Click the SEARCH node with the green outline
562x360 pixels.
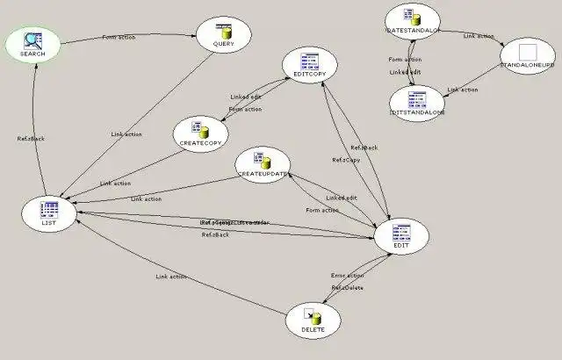[x=32, y=44]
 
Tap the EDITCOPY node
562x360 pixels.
[x=310, y=65]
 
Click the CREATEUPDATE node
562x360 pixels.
[x=263, y=166]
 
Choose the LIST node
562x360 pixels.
[x=49, y=212]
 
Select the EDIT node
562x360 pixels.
[x=400, y=235]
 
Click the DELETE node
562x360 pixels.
[x=313, y=320]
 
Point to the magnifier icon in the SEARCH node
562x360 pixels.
[x=32, y=39]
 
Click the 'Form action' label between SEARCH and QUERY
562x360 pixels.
[x=119, y=38]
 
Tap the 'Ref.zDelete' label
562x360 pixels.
[x=347, y=287]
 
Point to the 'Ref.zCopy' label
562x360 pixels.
[x=345, y=160]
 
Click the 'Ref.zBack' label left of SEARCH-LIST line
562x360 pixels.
[x=32, y=139]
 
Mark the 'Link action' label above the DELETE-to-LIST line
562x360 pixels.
[x=171, y=277]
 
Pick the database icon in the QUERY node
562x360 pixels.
[x=223, y=28]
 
